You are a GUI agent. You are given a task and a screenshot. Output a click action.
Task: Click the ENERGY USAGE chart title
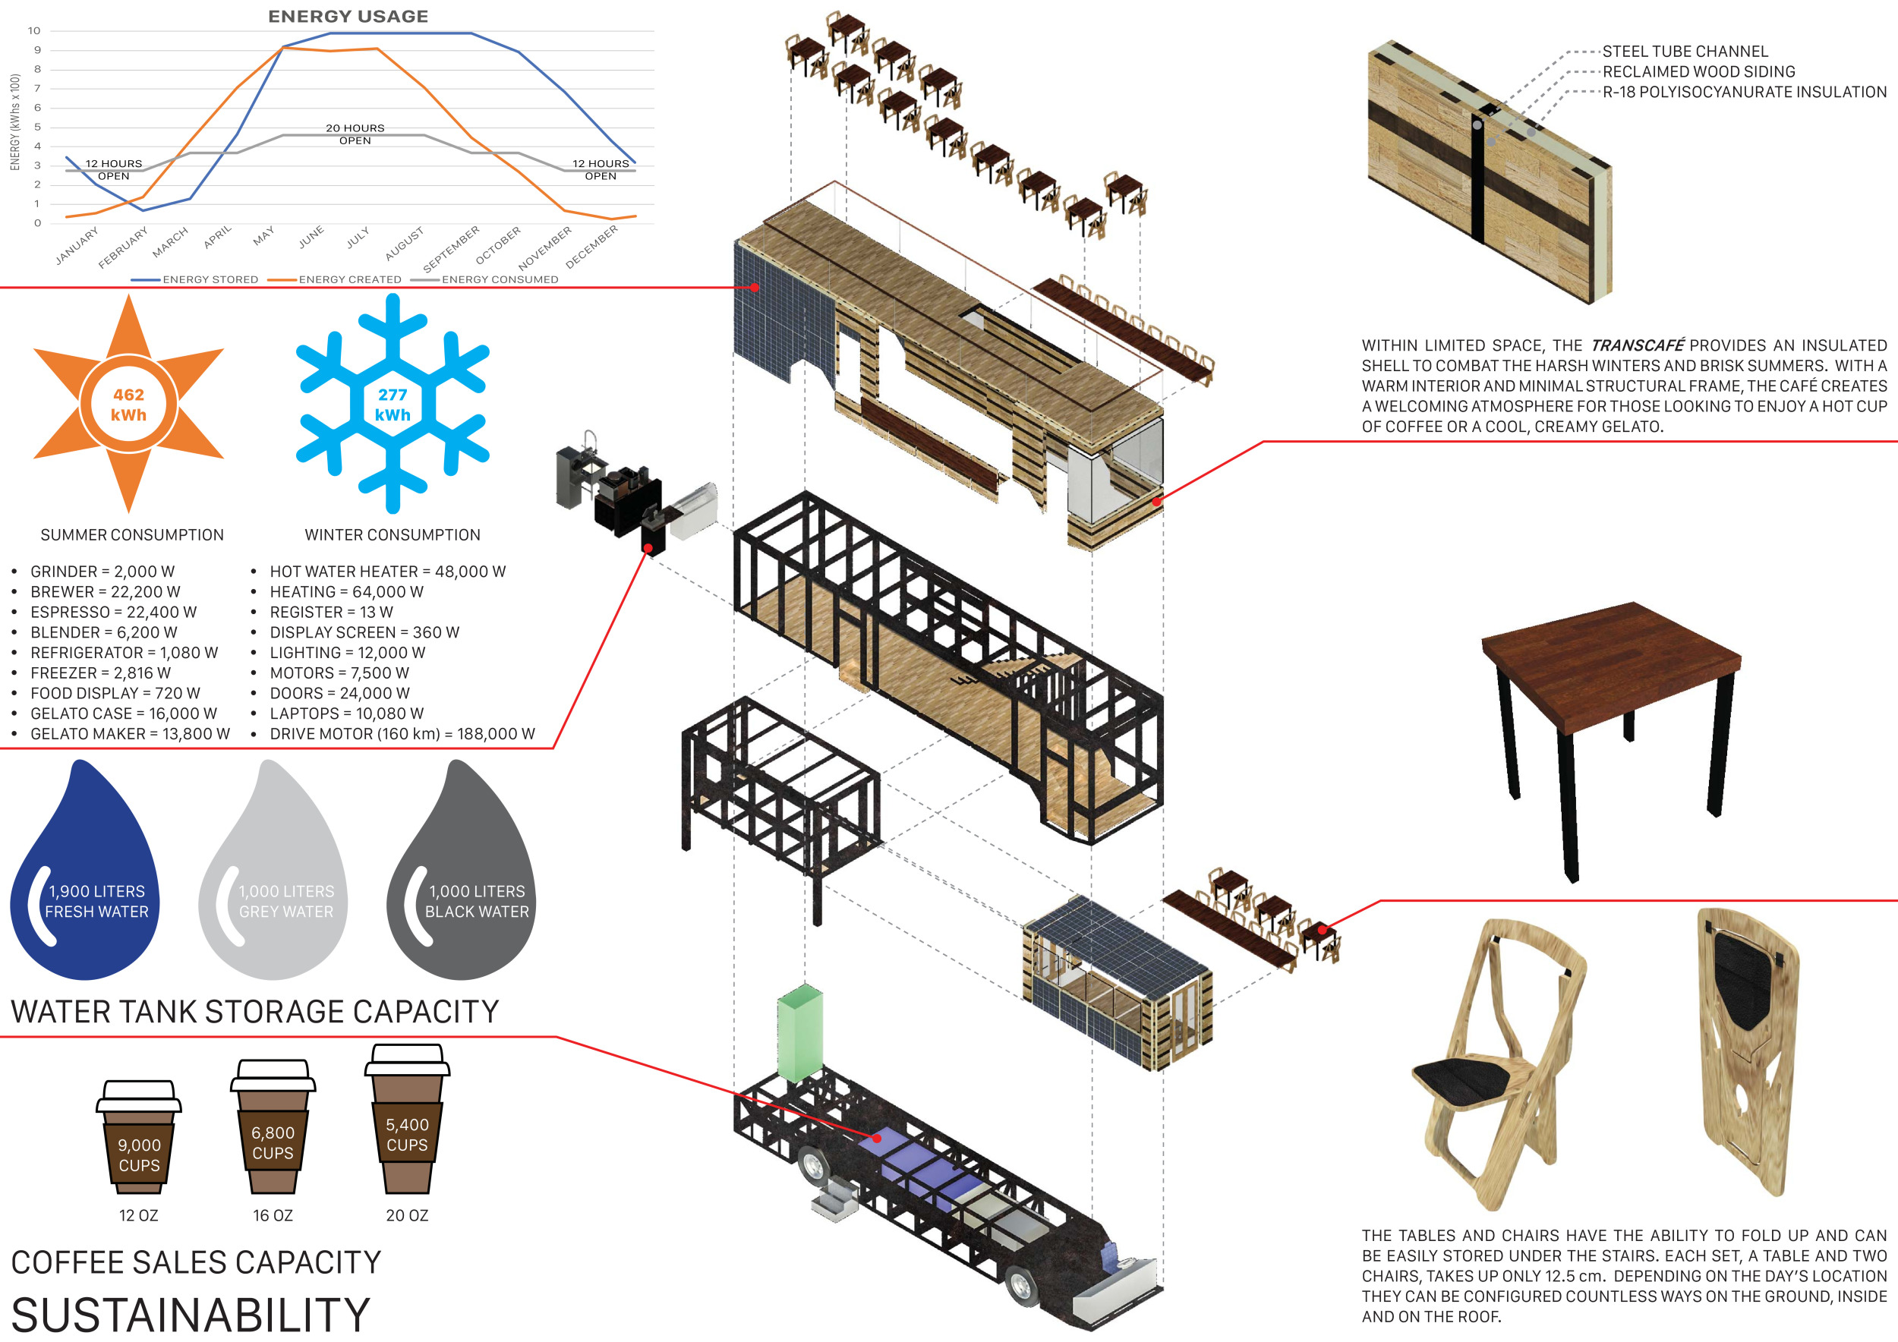348,17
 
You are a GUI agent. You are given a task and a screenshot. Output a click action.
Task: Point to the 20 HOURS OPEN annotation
355,134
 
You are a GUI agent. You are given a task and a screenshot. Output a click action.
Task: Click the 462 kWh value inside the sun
128,405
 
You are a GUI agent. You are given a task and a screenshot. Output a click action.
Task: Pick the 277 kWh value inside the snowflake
393,405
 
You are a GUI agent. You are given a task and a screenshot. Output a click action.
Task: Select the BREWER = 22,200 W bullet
105,591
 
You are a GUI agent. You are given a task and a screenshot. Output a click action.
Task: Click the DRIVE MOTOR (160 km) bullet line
402,734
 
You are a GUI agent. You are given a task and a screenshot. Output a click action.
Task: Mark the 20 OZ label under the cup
407,1215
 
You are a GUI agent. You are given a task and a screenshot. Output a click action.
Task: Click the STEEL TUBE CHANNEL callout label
1685,51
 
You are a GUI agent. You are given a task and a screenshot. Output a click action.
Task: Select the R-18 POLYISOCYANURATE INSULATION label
1744,92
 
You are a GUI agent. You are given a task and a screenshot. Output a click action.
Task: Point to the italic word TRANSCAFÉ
1637,345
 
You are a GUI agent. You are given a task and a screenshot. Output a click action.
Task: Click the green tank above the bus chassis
799,1033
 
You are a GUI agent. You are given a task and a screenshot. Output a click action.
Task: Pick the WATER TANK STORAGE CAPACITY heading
254,1012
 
